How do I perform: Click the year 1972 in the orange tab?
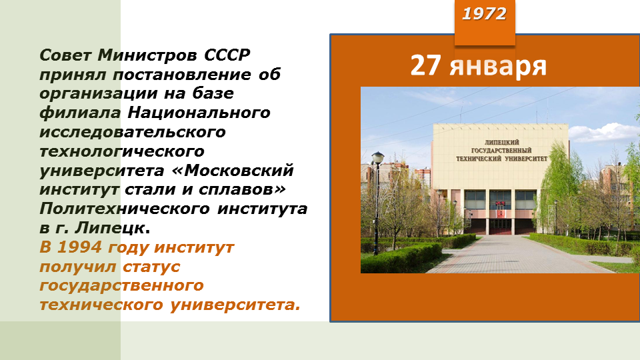[x=484, y=14]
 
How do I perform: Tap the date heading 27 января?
[x=479, y=65]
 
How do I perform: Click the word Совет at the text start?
[x=66, y=55]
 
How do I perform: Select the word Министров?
[x=148, y=55]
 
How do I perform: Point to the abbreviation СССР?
[x=227, y=55]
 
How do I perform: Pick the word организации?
[x=99, y=93]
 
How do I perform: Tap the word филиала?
[x=81, y=113]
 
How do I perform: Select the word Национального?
[x=199, y=113]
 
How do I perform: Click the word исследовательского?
[x=133, y=132]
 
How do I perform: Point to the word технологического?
[x=122, y=151]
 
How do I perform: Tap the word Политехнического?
[x=125, y=209]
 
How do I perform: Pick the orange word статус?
[x=151, y=267]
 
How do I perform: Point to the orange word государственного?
[x=121, y=286]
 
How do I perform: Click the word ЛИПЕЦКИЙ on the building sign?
[x=501, y=143]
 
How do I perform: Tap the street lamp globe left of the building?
[x=378, y=157]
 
